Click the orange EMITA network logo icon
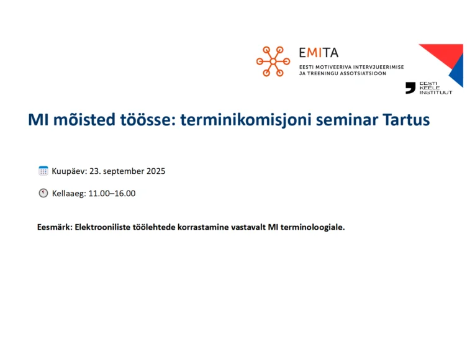tap(273, 61)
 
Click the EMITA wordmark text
tap(319, 53)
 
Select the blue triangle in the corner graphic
tap(458, 71)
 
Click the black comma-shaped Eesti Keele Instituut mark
tap(410, 88)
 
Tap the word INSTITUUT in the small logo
tap(436, 92)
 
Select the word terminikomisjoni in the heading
tap(246, 120)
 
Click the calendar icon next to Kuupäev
tap(43, 171)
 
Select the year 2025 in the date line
tap(156, 171)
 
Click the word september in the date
tap(124, 172)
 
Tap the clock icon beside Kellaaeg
tap(43, 193)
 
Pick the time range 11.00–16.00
tap(112, 194)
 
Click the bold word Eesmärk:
tap(55, 227)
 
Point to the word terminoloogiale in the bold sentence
tap(312, 227)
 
